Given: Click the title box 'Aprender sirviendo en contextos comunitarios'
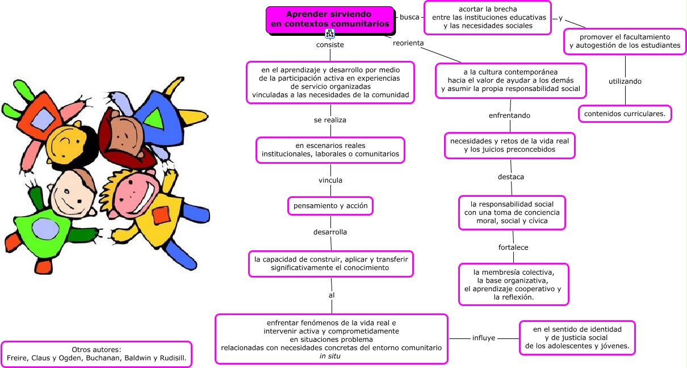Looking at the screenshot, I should pyautogui.click(x=330, y=19).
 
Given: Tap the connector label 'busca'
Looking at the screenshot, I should pyautogui.click(x=409, y=17).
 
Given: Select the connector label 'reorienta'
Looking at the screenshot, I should pyautogui.click(x=408, y=43).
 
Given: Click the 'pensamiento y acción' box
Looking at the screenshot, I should pyautogui.click(x=330, y=205).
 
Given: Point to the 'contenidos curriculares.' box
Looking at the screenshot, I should pyautogui.click(x=625, y=114).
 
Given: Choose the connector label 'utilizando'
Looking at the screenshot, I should pyautogui.click(x=625, y=81).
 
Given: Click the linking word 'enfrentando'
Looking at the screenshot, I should pyautogui.click(x=509, y=115).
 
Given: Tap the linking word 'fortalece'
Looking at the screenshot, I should pyautogui.click(x=513, y=247).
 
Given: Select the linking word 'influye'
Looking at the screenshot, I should pyautogui.click(x=484, y=338).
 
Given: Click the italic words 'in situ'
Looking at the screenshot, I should pyautogui.click(x=330, y=356).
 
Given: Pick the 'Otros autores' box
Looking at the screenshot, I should pyautogui.click(x=97, y=354).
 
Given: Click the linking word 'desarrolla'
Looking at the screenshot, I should pyautogui.click(x=330, y=232).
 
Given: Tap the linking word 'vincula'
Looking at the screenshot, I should pyautogui.click(x=330, y=180).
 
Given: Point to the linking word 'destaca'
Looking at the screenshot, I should pyautogui.click(x=511, y=177).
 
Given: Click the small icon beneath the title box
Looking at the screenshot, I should pyautogui.click(x=330, y=34).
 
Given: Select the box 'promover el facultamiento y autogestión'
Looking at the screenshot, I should pyautogui.click(x=625, y=41).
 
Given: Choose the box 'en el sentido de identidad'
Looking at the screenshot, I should pyautogui.click(x=577, y=338).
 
